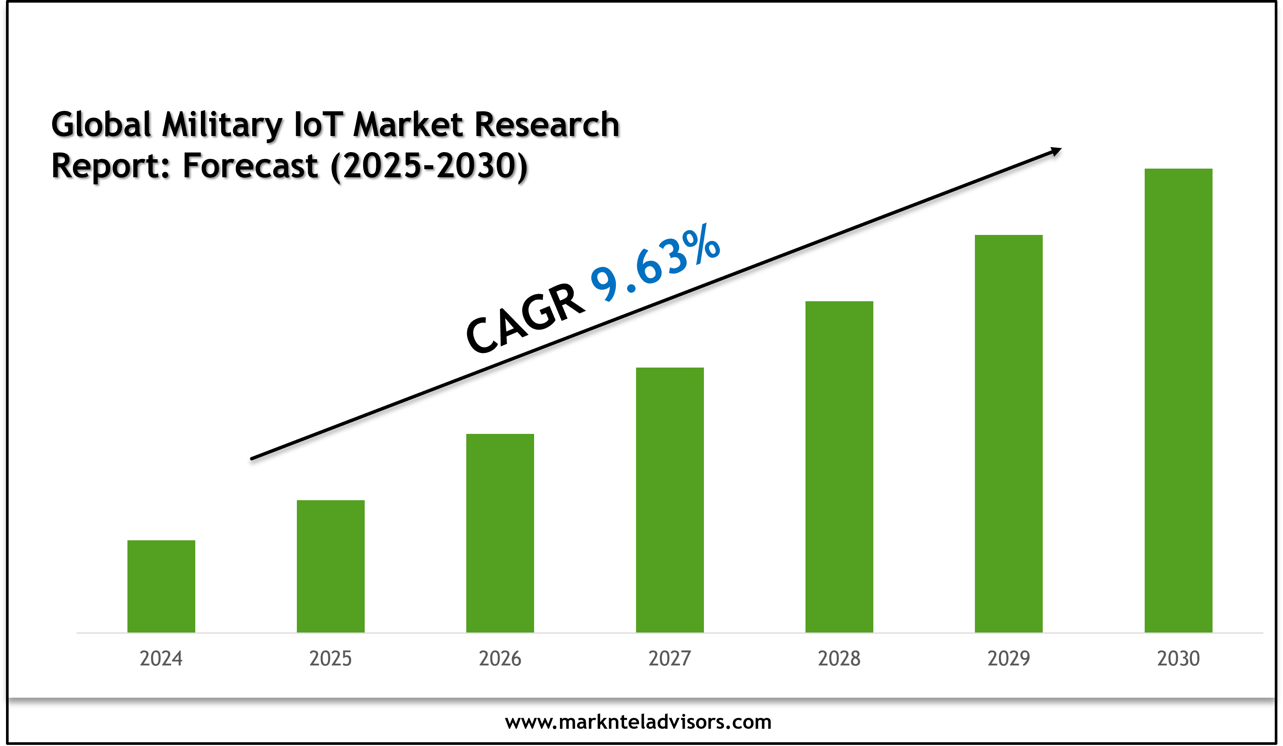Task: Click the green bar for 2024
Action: click(x=161, y=586)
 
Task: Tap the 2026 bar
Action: click(x=500, y=533)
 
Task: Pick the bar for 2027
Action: click(x=669, y=500)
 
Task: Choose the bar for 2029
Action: click(x=1009, y=434)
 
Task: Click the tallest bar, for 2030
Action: click(x=1178, y=401)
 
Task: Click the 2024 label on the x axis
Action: click(x=161, y=658)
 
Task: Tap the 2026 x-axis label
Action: click(x=500, y=658)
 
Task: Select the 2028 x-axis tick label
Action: click(x=839, y=658)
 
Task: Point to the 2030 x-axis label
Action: click(x=1178, y=658)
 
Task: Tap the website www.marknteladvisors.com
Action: click(x=638, y=722)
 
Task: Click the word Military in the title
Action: click(x=222, y=125)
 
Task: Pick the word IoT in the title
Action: click(x=318, y=125)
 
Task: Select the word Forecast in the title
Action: click(x=250, y=166)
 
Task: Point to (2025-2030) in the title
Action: click(x=429, y=166)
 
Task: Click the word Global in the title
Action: click(x=101, y=125)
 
